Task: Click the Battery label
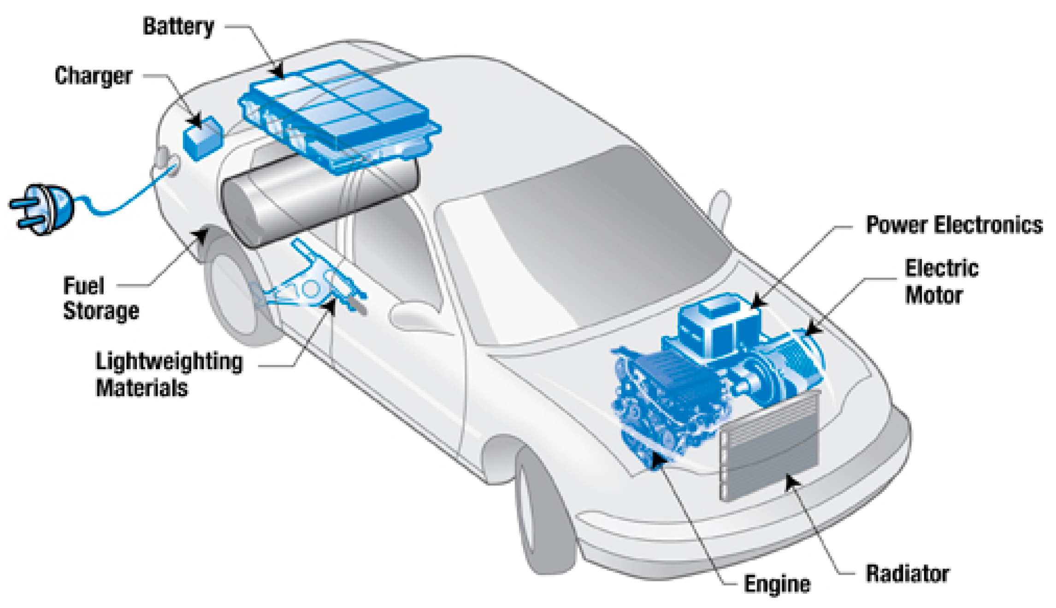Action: coord(178,27)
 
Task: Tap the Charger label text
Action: coord(93,76)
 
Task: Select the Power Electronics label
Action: coord(954,225)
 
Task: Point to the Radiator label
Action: coord(907,574)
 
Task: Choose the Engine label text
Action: coord(777,584)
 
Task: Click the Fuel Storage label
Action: coord(100,298)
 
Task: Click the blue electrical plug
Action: coord(44,209)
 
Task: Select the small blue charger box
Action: coord(202,137)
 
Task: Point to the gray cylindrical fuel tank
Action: coord(318,198)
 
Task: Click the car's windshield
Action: coord(585,244)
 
